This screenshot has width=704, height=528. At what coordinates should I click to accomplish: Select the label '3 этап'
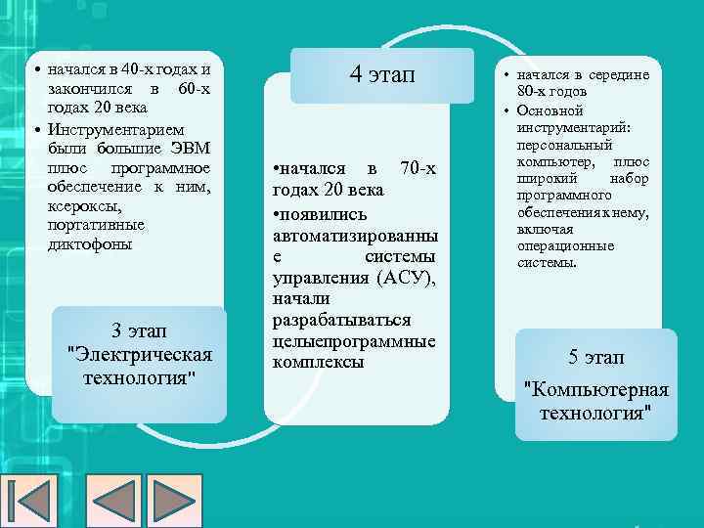tap(137, 330)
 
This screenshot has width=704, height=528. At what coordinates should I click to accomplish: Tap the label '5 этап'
tap(595, 357)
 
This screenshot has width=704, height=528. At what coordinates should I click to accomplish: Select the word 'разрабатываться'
tap(340, 320)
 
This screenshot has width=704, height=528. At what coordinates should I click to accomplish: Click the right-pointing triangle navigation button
tap(178, 500)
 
